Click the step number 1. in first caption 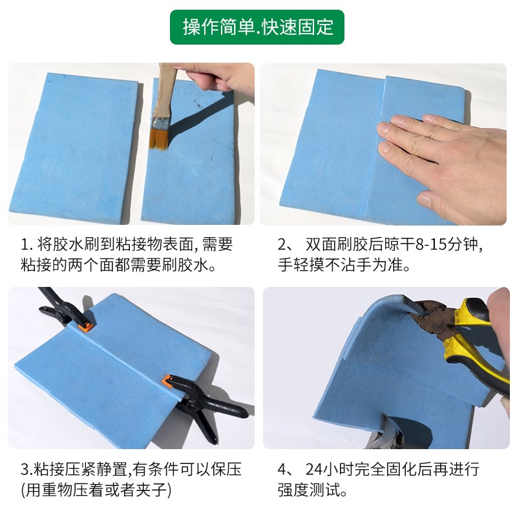[25, 245]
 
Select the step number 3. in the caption [25, 469]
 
